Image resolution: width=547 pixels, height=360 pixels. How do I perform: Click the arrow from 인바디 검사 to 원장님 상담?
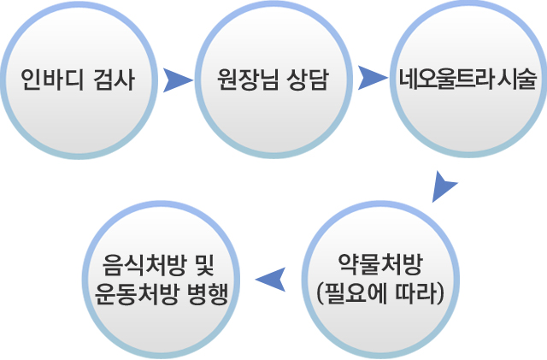[x=177, y=80]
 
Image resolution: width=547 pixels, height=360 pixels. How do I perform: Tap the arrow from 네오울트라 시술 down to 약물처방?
[x=444, y=186]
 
